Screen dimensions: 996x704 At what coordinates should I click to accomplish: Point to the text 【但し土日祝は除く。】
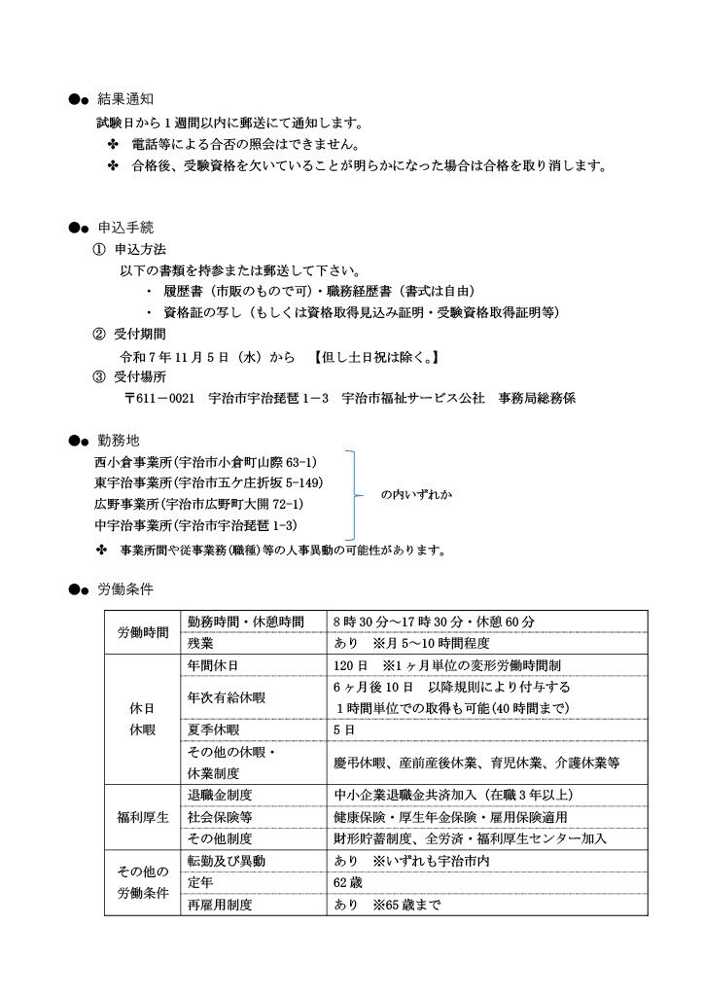coord(374,356)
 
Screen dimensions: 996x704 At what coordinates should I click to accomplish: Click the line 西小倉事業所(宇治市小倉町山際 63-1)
coord(205,461)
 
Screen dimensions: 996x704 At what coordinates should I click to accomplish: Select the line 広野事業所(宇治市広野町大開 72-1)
coord(198,504)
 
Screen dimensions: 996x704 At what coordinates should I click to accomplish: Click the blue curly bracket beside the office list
coord(356,494)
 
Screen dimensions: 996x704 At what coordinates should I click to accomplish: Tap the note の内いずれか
coord(417,494)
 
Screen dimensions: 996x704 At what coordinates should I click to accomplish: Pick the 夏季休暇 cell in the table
coord(211,729)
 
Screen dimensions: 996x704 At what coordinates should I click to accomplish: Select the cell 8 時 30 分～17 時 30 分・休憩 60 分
coord(434,622)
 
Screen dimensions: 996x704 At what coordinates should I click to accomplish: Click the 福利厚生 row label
coord(143,817)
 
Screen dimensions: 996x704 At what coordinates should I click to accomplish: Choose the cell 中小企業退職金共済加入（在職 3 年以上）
coord(452,795)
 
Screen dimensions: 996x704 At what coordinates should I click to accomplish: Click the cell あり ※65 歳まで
coord(386,905)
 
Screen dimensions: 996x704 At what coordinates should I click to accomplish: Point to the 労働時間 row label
coord(143,632)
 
